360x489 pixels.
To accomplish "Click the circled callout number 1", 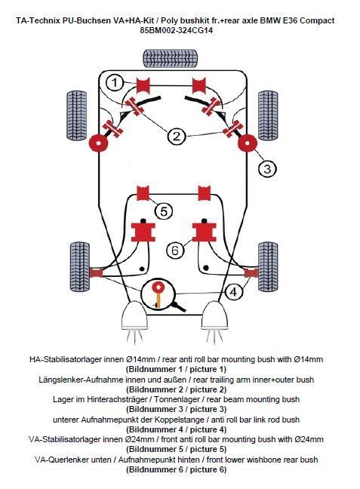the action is click(x=115, y=83).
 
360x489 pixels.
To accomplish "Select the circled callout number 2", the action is click(x=177, y=137).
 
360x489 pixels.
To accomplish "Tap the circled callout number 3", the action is click(x=268, y=169).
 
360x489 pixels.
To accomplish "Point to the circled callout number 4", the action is click(x=233, y=292).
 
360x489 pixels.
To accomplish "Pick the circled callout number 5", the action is click(x=164, y=211).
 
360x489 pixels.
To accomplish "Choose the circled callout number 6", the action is click(x=175, y=250).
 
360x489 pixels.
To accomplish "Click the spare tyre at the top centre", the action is click(x=171, y=58).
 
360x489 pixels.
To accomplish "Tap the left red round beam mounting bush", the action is click(x=99, y=143).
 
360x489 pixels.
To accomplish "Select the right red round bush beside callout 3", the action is click(x=248, y=143).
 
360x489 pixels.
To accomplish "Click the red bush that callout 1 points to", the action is click(x=143, y=85).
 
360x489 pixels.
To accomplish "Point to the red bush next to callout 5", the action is click(x=143, y=193).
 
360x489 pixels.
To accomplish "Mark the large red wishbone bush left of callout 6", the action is click(x=143, y=232).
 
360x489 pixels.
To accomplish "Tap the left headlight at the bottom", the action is click(x=134, y=315).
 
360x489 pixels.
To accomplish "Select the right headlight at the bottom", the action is click(x=214, y=315).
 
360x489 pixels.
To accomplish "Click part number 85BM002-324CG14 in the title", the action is click(x=177, y=30).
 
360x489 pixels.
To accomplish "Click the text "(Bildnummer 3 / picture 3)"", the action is click(x=177, y=409).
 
